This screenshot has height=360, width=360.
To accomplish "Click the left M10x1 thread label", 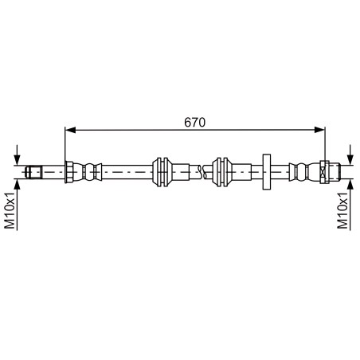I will [x=10, y=210].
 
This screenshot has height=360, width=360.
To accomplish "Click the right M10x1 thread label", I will [x=342, y=210].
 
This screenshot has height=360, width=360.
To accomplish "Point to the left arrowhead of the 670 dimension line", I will [x=68, y=129].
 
